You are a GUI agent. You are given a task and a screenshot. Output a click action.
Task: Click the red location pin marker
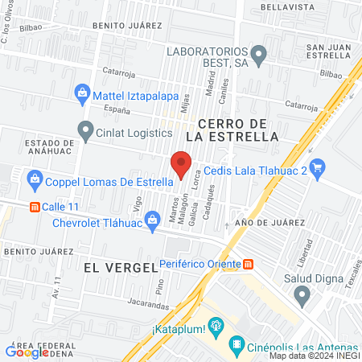(x=181, y=164)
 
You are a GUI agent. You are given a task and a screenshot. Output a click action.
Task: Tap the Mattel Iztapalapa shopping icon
(x=82, y=93)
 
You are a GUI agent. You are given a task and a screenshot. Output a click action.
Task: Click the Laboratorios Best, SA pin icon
(x=258, y=56)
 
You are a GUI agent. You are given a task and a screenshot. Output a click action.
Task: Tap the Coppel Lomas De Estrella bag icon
(x=34, y=178)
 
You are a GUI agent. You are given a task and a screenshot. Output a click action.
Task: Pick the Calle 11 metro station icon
(x=35, y=206)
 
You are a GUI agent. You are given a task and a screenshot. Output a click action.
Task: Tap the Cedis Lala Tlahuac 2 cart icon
(x=317, y=167)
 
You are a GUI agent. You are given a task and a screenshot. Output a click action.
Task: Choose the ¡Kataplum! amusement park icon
(x=215, y=326)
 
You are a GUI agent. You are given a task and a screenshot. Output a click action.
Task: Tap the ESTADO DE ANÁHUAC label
(x=31, y=144)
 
